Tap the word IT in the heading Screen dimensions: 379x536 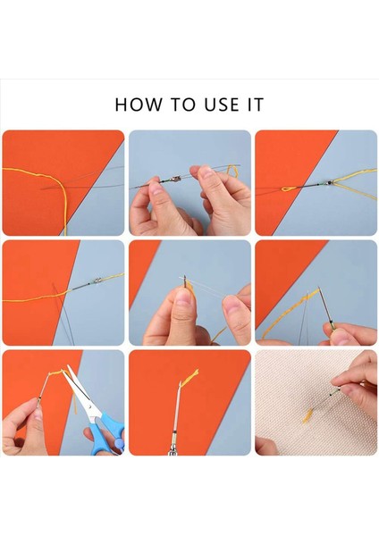click(256, 105)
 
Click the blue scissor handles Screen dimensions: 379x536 click(108, 433)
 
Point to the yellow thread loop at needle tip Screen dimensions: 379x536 click(288, 188)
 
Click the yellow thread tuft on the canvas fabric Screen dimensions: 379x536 click(307, 416)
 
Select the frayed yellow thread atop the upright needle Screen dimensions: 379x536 click(190, 377)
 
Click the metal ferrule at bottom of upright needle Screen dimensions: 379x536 click(173, 447)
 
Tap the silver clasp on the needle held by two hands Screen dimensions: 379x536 click(176, 179)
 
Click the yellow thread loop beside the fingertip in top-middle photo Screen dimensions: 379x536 click(233, 171)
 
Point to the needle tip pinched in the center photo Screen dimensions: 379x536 click(185, 280)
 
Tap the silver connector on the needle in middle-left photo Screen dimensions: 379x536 click(97, 281)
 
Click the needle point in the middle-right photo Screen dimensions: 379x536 click(319, 288)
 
